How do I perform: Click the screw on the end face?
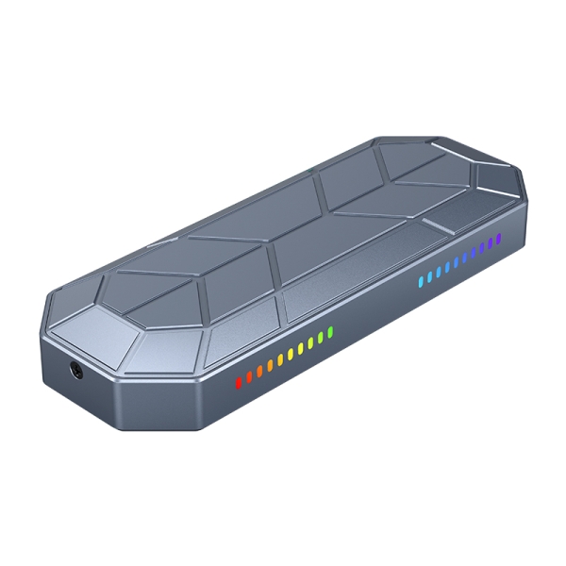(x=77, y=371)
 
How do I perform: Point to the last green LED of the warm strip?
(x=330, y=333)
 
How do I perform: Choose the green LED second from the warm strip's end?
(x=321, y=338)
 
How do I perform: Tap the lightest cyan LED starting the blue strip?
(x=422, y=280)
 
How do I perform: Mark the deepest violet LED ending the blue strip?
(x=497, y=240)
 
